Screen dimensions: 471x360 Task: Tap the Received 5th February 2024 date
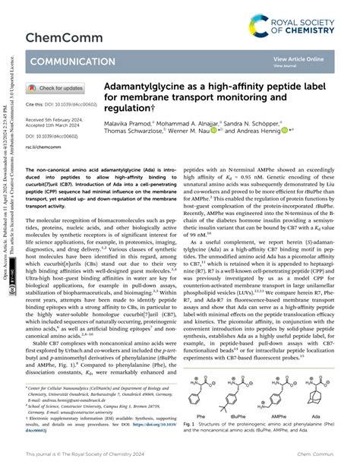pyautogui.click(x=58, y=120)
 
